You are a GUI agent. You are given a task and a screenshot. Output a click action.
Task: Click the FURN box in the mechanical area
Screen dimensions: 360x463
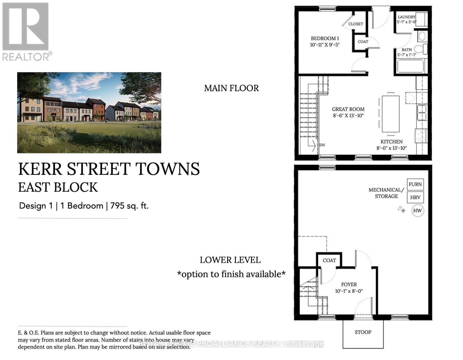click(x=415, y=184)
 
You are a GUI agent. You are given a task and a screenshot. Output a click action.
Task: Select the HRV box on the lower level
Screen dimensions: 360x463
click(x=415, y=197)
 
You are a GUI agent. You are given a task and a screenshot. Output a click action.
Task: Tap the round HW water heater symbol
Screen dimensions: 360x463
click(x=417, y=211)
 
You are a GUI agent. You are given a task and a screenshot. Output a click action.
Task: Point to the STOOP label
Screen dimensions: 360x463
click(x=363, y=332)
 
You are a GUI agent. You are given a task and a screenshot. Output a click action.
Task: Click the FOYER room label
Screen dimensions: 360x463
click(x=349, y=284)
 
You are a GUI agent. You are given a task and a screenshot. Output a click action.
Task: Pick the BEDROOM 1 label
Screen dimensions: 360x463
click(x=325, y=38)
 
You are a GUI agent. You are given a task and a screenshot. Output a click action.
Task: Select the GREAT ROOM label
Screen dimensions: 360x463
click(x=348, y=109)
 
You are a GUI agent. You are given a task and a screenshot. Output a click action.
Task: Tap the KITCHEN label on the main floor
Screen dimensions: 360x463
click(x=391, y=142)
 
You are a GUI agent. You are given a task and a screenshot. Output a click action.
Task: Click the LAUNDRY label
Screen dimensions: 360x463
click(x=406, y=17)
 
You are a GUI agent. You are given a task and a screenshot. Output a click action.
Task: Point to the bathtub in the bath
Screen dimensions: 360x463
click(x=410, y=66)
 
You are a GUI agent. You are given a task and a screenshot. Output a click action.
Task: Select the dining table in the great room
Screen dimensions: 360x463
click(x=390, y=114)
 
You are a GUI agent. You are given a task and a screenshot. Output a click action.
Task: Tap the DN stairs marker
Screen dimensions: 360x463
click(x=322, y=145)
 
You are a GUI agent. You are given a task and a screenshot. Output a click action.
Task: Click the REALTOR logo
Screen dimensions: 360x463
click(x=26, y=31)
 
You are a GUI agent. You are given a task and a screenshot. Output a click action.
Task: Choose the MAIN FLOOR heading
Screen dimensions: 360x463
click(x=231, y=88)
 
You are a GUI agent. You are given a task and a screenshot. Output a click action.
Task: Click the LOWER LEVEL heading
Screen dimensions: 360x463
click(x=230, y=260)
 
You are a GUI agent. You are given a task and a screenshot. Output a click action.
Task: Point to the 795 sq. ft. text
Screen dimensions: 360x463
click(x=129, y=206)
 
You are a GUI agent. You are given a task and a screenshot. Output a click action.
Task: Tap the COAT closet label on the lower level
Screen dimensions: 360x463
click(x=329, y=260)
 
